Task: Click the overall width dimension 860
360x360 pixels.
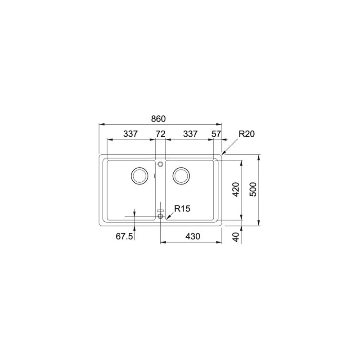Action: [x=158, y=119]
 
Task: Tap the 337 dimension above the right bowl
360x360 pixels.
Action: [x=189, y=134]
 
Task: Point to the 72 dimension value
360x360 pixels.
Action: [x=161, y=134]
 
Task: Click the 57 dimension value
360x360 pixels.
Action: [x=217, y=134]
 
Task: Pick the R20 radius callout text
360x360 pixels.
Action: [x=247, y=134]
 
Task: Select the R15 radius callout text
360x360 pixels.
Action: [x=183, y=208]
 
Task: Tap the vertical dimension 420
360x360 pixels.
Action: [x=234, y=189]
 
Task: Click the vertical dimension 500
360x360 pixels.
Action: [x=252, y=189]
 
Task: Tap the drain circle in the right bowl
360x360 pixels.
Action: [x=182, y=175]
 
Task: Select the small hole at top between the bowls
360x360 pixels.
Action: [x=161, y=164]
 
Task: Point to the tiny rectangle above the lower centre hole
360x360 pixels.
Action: [x=160, y=211]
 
